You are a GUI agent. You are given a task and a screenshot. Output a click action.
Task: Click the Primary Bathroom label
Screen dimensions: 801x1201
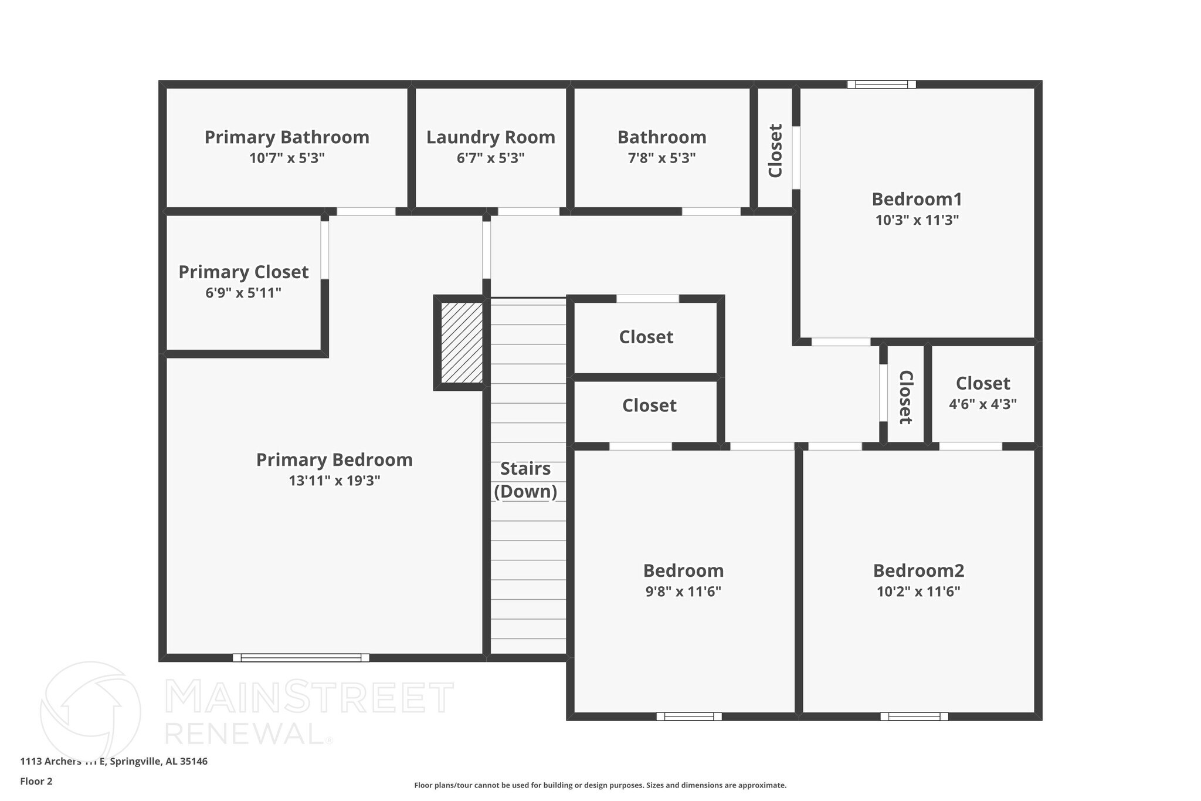[x=287, y=137]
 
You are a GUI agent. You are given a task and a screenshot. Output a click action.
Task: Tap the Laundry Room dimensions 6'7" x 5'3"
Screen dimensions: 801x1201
[x=490, y=158]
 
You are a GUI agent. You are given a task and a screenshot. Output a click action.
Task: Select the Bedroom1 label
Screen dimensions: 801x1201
[x=917, y=200]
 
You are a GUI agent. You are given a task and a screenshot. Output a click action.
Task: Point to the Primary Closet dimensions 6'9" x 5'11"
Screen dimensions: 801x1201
[x=243, y=293]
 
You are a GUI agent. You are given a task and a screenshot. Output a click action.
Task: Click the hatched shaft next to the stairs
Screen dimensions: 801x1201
[x=462, y=343]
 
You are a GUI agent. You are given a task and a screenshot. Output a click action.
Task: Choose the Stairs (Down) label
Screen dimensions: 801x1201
[x=525, y=480]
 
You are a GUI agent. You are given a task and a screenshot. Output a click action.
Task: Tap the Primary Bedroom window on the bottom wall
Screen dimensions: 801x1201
[x=301, y=658]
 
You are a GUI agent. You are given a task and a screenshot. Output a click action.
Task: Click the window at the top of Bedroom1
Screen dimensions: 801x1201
[x=881, y=85]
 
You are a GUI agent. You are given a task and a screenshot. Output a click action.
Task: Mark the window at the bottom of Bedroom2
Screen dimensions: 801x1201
[x=914, y=716]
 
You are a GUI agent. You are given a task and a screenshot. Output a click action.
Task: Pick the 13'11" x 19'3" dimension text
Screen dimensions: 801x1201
[x=334, y=481]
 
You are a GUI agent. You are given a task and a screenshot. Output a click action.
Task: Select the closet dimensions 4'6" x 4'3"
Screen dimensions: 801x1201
[x=983, y=404]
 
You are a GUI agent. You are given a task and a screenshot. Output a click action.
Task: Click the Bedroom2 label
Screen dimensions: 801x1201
[x=918, y=570]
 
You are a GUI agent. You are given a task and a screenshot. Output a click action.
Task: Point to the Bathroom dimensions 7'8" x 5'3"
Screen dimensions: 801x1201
[x=661, y=158]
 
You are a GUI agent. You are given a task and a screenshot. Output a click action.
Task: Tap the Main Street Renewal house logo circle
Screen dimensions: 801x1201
[x=90, y=711]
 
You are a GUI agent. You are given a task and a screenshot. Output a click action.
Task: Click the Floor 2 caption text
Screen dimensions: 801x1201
[x=36, y=781]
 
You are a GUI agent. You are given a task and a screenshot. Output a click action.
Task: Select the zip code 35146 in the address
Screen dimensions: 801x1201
[x=194, y=762]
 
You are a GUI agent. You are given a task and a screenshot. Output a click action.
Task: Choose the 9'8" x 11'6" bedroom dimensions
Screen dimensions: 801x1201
[x=683, y=592]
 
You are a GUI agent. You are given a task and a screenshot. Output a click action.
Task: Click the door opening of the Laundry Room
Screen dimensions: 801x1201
[x=528, y=211]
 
